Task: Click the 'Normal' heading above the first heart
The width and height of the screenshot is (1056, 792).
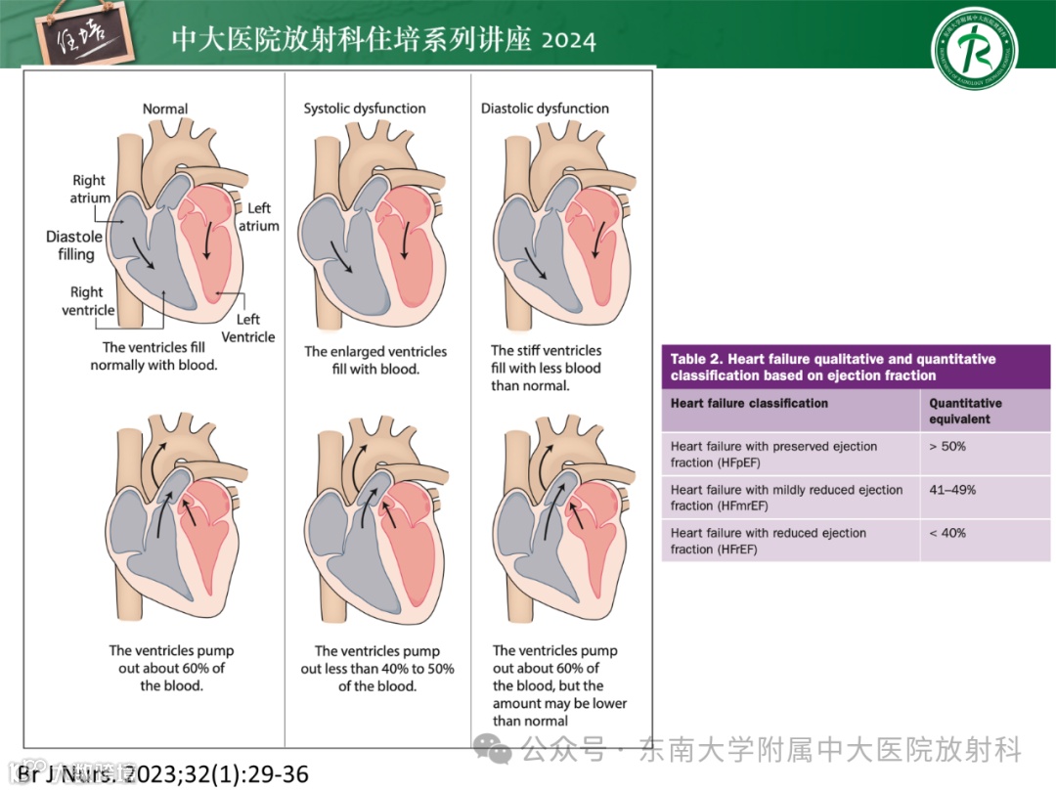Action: (165, 109)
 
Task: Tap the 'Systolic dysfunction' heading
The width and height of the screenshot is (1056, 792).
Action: (365, 109)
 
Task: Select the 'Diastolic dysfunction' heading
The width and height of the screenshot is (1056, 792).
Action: (545, 109)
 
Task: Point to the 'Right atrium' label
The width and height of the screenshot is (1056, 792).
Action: (89, 189)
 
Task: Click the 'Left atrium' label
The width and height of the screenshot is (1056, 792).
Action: (259, 216)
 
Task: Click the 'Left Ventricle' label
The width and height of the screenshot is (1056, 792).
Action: (248, 328)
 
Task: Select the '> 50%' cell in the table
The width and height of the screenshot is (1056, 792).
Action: (947, 447)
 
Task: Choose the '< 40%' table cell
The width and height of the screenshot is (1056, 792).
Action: (947, 533)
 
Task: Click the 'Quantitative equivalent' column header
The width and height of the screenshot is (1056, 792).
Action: (965, 411)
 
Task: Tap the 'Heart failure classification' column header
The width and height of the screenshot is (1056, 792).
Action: (749, 403)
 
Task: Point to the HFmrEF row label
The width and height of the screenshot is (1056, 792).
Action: (786, 498)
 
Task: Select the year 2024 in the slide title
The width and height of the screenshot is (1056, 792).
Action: (568, 40)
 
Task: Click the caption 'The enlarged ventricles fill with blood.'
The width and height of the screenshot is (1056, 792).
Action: (375, 360)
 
